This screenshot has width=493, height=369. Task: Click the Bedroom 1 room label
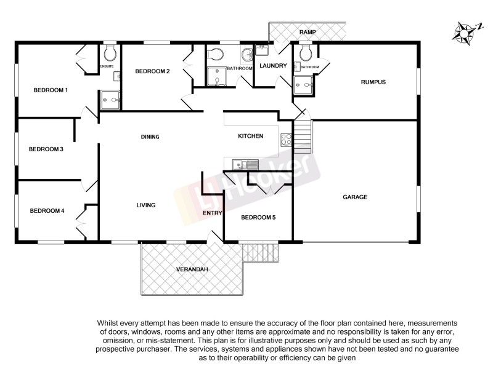click(x=51, y=90)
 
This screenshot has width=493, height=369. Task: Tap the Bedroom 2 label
click(x=152, y=71)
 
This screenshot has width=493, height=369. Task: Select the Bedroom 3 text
click(x=46, y=149)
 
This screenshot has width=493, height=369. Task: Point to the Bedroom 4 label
click(x=47, y=210)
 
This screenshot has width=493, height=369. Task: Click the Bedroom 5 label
click(x=258, y=217)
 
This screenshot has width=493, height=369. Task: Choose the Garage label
click(x=355, y=197)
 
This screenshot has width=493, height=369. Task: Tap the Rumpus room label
click(x=373, y=82)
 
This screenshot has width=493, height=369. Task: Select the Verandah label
click(x=190, y=269)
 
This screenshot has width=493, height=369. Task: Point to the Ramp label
click(x=308, y=31)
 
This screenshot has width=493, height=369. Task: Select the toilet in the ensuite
click(x=110, y=50)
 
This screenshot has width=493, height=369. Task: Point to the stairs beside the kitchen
click(x=303, y=137)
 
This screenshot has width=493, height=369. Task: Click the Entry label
click(x=213, y=213)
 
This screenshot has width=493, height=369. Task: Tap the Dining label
click(x=150, y=137)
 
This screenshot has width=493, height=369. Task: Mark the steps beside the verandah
click(x=259, y=251)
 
